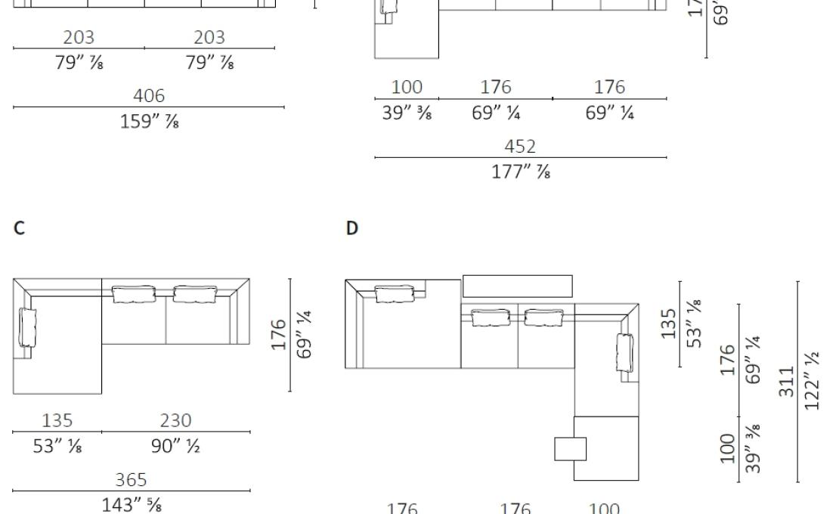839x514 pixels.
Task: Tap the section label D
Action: coord(351,228)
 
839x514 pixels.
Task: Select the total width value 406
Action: coord(149,96)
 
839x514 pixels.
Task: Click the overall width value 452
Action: coord(521,147)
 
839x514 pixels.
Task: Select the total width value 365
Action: coord(131,479)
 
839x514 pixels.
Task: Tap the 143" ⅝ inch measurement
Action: coord(131,503)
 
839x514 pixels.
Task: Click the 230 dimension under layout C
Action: coord(175,420)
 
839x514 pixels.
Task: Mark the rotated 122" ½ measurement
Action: coord(813,382)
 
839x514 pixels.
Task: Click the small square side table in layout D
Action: coord(570,448)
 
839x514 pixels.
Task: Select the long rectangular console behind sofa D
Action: coord(517,286)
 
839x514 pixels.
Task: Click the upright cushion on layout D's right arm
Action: coord(625,352)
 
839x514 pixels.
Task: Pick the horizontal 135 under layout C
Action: coord(57,420)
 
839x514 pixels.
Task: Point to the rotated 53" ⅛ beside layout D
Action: coord(695,322)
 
